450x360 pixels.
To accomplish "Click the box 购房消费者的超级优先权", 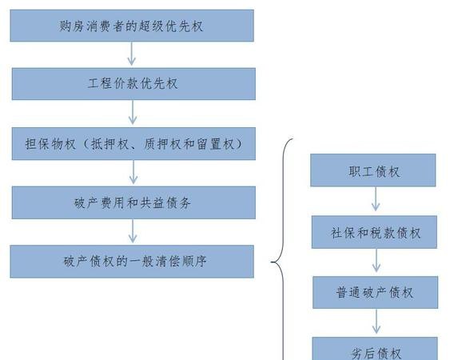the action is (132, 26).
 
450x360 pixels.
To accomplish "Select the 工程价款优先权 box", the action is (133, 84).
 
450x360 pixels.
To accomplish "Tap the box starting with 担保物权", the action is (133, 144).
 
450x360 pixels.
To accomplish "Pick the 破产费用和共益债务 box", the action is (133, 202).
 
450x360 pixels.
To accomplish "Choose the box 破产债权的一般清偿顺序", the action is (132, 262).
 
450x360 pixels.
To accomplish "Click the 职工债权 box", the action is (373, 170).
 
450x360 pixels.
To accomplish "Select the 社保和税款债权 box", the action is (375, 232).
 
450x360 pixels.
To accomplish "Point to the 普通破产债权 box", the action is (376, 293).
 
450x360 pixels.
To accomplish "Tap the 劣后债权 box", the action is (375, 349).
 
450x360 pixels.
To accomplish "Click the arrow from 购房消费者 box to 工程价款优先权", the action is (131, 54).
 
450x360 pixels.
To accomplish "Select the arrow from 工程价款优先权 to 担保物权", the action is (133, 112).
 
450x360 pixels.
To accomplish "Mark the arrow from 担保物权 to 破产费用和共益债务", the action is (133, 172).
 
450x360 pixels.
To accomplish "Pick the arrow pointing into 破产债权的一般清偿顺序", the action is (133, 231).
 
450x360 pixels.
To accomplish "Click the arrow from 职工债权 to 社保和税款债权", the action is (376, 199).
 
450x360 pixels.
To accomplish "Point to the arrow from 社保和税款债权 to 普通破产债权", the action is (376, 260).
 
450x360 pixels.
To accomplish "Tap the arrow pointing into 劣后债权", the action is (376, 322).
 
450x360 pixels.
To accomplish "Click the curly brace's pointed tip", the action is (272, 262).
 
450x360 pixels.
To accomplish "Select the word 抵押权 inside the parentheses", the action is (110, 144).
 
